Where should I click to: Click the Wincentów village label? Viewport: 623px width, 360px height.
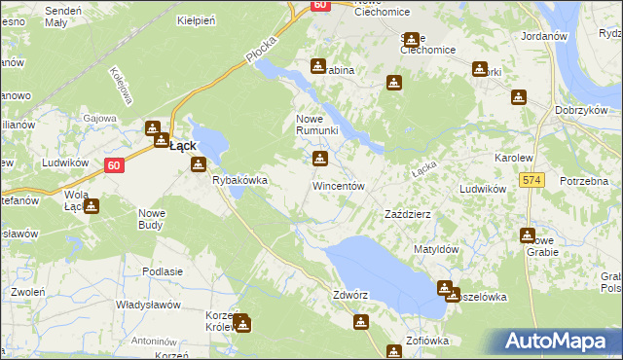[338, 185]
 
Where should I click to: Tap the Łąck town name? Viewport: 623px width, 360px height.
[182, 146]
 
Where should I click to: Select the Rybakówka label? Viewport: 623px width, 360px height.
[239, 180]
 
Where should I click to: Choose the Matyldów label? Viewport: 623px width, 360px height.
[436, 249]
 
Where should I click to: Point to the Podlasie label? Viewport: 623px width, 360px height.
[163, 271]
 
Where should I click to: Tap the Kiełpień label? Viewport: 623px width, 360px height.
[196, 19]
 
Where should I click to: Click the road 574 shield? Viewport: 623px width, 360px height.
[531, 180]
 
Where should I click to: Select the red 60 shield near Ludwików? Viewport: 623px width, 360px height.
[114, 165]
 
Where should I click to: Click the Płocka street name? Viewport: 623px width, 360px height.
[262, 51]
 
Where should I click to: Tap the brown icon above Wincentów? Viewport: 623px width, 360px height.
[319, 159]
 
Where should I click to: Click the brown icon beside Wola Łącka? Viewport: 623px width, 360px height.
[91, 206]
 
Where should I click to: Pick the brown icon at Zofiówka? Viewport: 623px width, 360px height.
[394, 351]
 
